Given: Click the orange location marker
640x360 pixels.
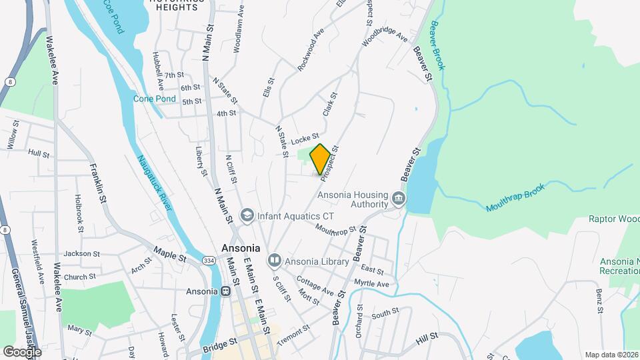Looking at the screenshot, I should (x=320, y=159).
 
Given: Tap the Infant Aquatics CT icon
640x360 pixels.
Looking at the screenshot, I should (x=247, y=216).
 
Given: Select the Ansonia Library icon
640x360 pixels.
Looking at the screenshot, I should (x=274, y=261).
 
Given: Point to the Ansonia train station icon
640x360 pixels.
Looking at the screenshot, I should (x=226, y=291).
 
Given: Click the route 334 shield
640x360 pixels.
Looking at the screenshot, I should (x=209, y=261).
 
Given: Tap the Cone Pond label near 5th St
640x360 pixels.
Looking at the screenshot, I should (x=154, y=99).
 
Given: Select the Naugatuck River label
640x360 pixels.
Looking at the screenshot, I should (x=155, y=183).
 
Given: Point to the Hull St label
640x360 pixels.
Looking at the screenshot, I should (x=39, y=153).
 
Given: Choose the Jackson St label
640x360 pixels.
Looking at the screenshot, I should (x=81, y=254).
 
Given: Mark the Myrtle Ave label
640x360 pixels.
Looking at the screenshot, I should (x=371, y=284).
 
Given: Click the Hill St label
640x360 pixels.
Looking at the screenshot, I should (x=426, y=340).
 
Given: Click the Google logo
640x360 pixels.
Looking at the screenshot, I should (x=22, y=351).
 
